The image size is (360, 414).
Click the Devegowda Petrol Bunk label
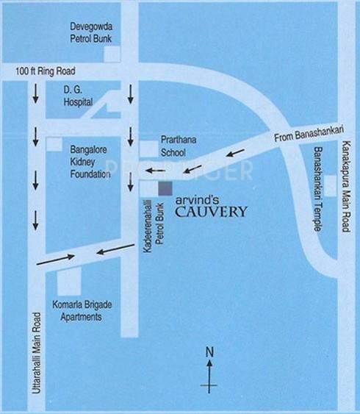tap(90, 30)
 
